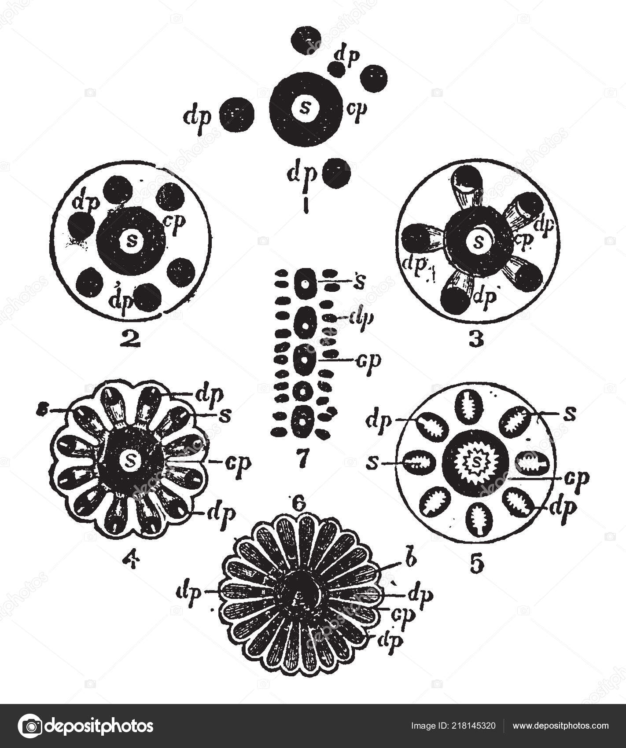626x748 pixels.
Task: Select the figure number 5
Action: point(476,564)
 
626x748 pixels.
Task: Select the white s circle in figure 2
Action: point(131,240)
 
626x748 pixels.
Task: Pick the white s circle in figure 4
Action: point(130,460)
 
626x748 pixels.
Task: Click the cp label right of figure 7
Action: point(368,360)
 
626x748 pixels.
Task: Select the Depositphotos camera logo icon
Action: point(30,726)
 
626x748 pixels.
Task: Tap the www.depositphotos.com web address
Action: point(560,726)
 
